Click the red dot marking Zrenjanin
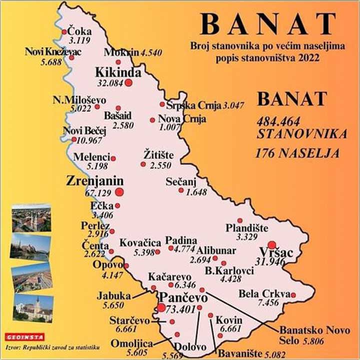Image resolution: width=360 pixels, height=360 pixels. coord(119,191)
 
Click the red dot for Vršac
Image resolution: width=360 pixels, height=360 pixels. coord(271,244)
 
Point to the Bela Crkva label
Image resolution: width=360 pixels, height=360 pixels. coord(264,294)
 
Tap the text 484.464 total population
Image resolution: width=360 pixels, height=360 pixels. coord(279,121)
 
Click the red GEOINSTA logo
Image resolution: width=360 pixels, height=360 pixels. coord(25,337)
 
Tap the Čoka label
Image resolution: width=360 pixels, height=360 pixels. coord(80,30)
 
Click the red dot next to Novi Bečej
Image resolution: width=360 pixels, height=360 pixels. coord(74,139)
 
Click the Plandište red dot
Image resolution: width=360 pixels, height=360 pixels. coord(240,220)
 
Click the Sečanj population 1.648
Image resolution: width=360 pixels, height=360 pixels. coord(196,192)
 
